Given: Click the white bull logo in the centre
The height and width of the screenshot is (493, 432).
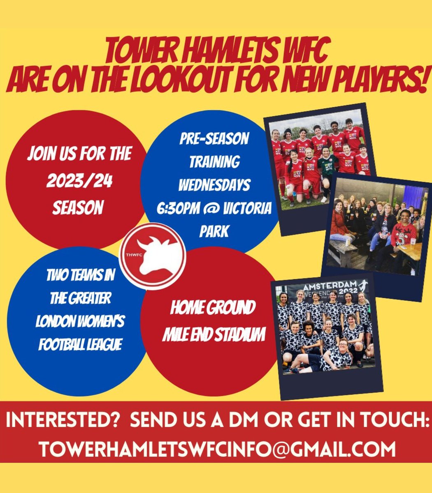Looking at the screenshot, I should (156, 257).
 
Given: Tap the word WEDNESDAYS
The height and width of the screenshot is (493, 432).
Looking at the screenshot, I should (214, 185).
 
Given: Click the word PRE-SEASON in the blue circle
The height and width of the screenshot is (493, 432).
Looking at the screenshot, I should (214, 139).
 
